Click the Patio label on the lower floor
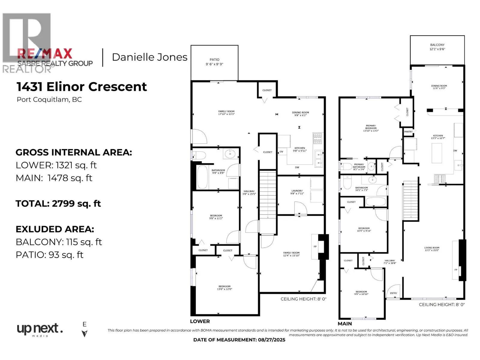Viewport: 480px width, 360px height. click(214, 62)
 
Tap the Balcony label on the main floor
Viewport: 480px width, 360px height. click(437, 47)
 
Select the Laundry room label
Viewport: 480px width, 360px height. click(297, 192)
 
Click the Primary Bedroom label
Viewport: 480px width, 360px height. click(371, 128)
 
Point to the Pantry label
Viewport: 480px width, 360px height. click(408, 132)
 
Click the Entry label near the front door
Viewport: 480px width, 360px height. click(393, 293)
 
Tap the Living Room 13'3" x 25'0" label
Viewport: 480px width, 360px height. click(431, 249)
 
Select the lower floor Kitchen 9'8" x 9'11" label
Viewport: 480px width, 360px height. click(300, 149)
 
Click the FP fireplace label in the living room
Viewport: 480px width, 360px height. click(456, 270)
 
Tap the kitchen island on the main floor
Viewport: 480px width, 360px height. click(436, 153)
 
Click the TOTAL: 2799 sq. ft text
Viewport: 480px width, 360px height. click(58, 204)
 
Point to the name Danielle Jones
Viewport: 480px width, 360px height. click(149, 57)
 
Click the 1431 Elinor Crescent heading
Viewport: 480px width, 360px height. click(82, 87)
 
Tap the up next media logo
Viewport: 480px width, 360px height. click(40, 329)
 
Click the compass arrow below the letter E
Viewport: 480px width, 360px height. click(85, 334)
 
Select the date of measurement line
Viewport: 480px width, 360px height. click(239, 340)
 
